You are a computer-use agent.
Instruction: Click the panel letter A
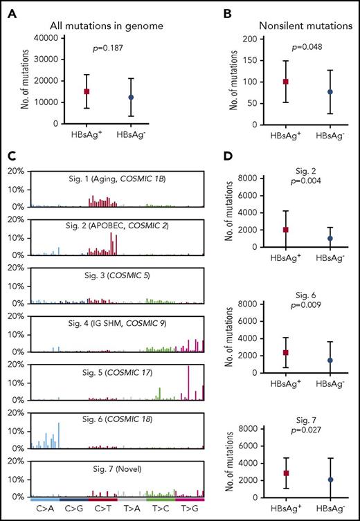pyautogui.click(x=7, y=8)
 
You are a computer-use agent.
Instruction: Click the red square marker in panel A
pyautogui.click(x=106, y=91)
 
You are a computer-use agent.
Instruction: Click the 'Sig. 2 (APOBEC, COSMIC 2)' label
pyautogui.click(x=117, y=226)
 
